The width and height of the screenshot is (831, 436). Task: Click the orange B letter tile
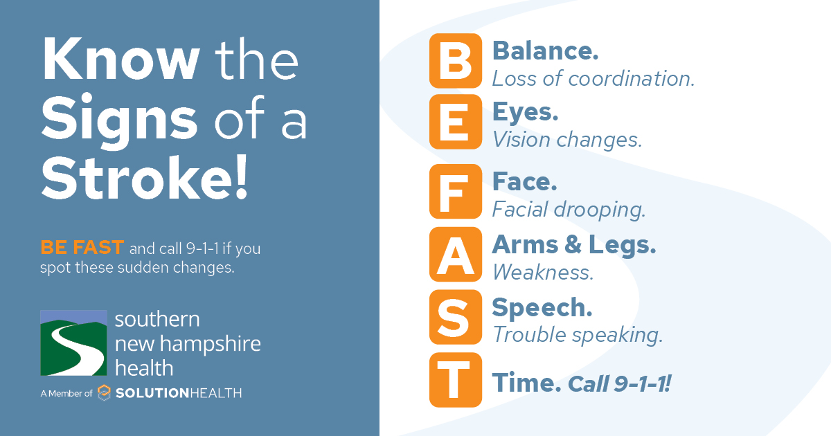[455, 60]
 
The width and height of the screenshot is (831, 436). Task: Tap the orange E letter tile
[455, 122]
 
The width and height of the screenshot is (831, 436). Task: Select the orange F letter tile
[455, 191]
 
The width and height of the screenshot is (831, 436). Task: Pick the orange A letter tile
[455, 253]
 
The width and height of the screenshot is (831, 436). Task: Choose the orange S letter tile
[455, 316]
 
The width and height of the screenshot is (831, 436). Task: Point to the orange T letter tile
[455, 379]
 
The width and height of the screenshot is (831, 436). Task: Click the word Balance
[545, 51]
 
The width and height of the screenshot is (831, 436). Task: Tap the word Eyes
[525, 112]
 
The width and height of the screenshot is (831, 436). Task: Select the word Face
[524, 181]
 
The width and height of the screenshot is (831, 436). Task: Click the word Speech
[542, 307]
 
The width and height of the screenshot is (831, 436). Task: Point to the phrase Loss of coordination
[593, 79]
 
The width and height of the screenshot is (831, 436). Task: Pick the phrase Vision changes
[567, 140]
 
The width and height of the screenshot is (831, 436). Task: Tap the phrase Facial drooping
[569, 209]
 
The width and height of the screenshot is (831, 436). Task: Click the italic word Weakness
[543, 272]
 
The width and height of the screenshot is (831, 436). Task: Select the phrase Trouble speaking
[578, 335]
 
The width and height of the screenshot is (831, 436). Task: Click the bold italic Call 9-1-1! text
[619, 383]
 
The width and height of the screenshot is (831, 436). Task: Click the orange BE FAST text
[82, 248]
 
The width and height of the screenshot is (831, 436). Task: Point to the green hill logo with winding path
[73, 343]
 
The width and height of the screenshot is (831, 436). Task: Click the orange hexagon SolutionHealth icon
[104, 392]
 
